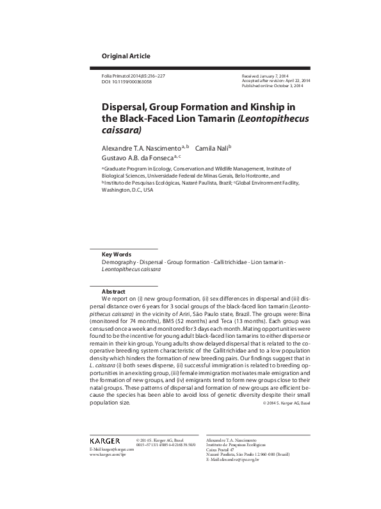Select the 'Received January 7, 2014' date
coord(264,76)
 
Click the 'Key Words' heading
coord(117,254)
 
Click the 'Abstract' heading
coord(113,291)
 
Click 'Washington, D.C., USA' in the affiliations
coord(127,190)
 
